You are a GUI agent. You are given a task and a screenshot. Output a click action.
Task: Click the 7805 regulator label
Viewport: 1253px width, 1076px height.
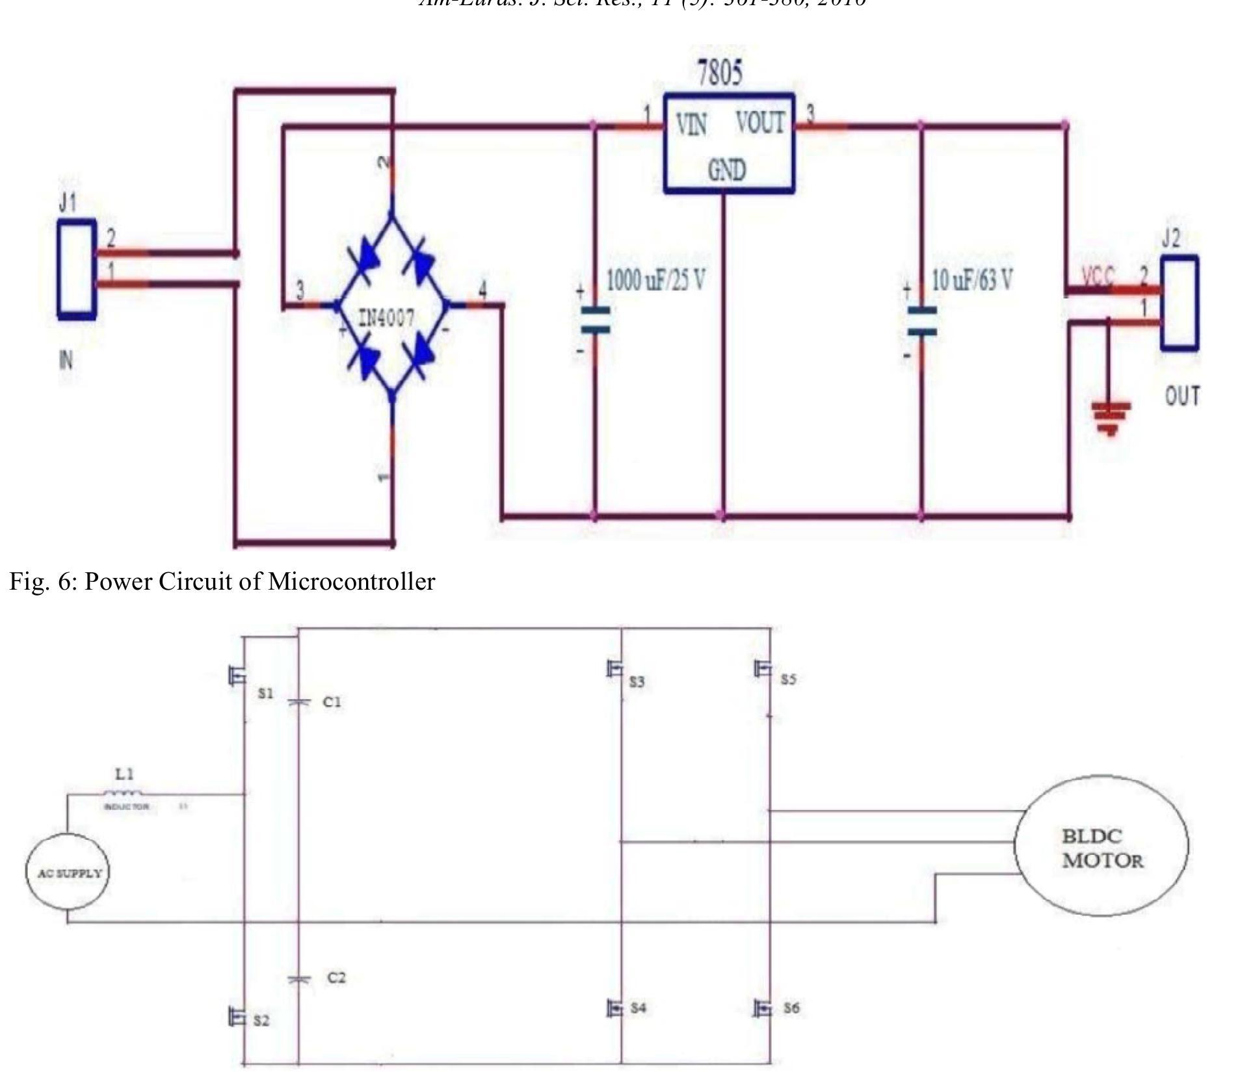(x=719, y=72)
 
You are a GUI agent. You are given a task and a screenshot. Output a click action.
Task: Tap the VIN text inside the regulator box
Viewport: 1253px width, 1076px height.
(x=691, y=124)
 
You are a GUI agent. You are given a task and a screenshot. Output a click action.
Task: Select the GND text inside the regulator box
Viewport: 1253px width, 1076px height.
(x=726, y=170)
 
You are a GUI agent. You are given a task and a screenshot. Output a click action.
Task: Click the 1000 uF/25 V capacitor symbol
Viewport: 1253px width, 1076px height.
(x=595, y=320)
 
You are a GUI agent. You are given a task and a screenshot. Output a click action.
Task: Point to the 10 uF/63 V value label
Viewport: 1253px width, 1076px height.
(x=971, y=280)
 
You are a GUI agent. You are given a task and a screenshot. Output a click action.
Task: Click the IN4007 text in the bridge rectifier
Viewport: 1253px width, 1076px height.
(x=386, y=318)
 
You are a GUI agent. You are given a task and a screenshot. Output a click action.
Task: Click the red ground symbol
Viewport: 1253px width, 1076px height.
(x=1111, y=417)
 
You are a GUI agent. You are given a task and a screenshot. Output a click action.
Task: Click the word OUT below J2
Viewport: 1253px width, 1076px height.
(x=1182, y=396)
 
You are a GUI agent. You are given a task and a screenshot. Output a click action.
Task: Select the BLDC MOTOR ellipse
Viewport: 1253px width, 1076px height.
(x=1101, y=846)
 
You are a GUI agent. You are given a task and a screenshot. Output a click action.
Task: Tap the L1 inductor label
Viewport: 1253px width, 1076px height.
(x=124, y=774)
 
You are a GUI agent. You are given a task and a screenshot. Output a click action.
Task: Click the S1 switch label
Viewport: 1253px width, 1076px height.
(x=265, y=693)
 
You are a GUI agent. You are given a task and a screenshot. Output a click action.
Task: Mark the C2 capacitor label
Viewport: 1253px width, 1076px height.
(x=336, y=977)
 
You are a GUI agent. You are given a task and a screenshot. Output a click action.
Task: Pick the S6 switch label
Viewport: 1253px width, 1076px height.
(x=791, y=1008)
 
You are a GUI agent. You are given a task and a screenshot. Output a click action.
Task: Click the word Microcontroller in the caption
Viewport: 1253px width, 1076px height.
(x=351, y=581)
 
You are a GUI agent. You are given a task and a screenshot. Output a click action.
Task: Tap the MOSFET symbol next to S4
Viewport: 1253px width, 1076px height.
(x=614, y=1008)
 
